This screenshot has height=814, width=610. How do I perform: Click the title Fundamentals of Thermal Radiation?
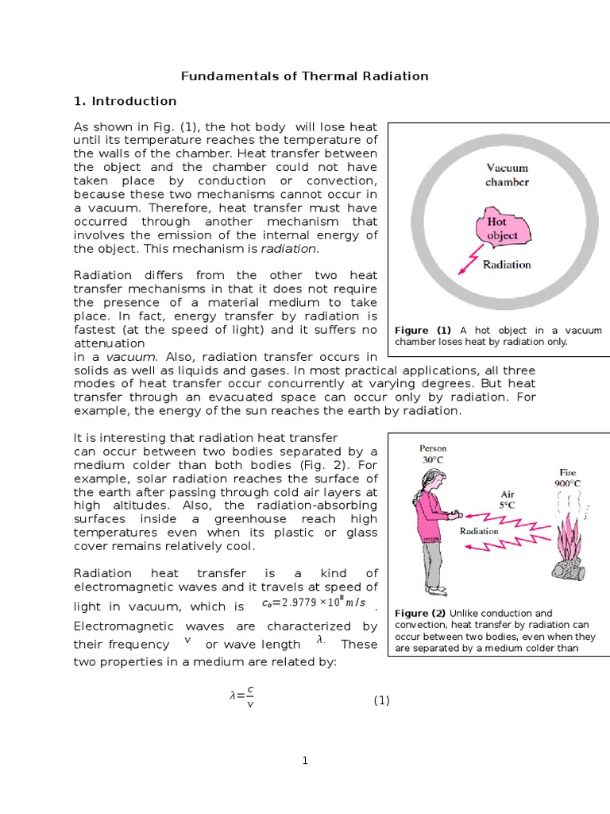305,76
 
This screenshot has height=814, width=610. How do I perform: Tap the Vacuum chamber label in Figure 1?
507,174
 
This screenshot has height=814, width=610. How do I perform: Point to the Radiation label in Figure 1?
507,265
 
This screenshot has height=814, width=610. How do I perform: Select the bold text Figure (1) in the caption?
423,330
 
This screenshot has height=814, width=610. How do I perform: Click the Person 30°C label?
434,453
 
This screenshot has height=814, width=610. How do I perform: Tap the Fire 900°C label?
566,477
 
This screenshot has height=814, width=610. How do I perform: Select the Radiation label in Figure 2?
480,531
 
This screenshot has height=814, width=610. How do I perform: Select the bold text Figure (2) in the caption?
420,613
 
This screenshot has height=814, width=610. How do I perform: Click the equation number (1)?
382,700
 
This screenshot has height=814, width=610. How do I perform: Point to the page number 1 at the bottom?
305,761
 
